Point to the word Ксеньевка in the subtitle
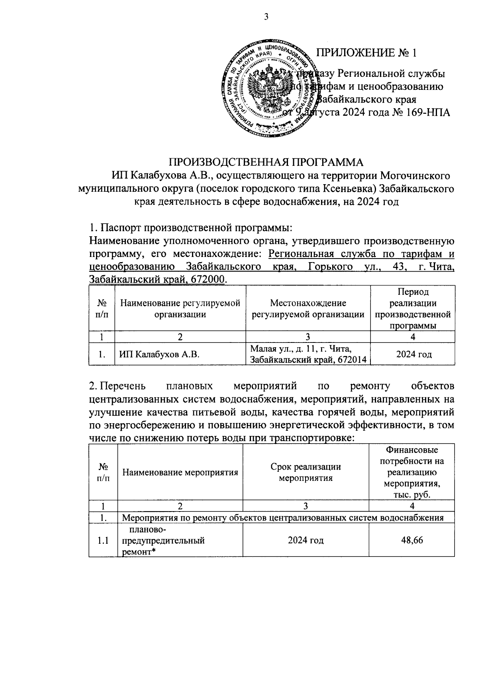[355, 188]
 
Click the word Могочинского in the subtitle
[416, 175]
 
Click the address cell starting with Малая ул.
[308, 354]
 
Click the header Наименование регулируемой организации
[180, 309]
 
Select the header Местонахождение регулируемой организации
[308, 309]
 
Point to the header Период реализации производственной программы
[413, 309]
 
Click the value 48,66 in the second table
[412, 541]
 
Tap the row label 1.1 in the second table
[104, 541]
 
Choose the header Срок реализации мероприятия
[306, 472]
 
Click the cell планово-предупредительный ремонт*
[163, 541]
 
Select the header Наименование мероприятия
[180, 472]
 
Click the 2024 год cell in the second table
[306, 541]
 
